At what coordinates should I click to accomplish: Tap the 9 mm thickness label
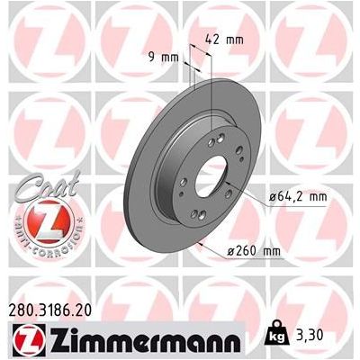[x=164, y=57]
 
